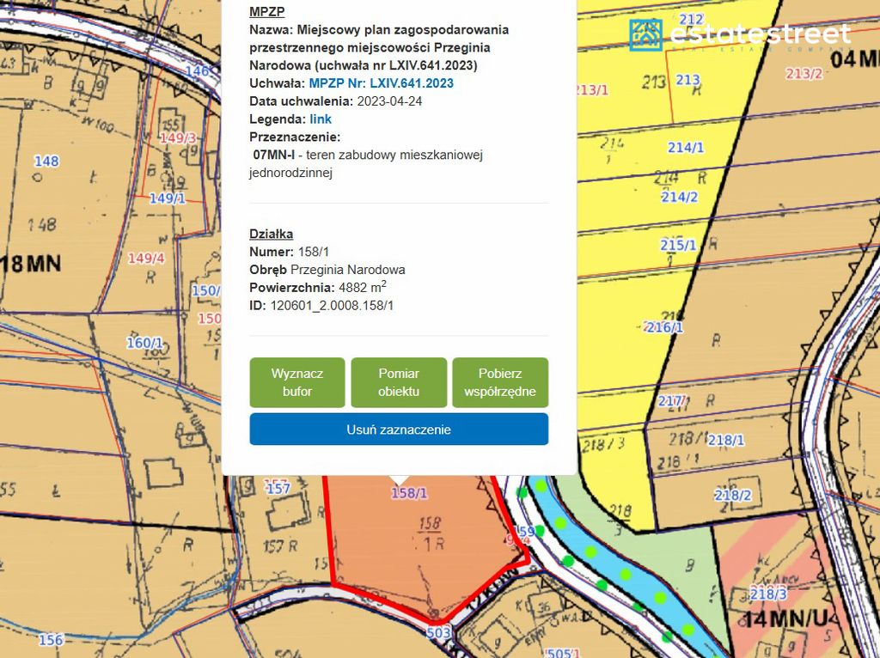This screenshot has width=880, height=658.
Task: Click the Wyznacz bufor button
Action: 296,382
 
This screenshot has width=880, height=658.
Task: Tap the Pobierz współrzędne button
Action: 499,382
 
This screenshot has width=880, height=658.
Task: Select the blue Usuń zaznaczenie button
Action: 399,430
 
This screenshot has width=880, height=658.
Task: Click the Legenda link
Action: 321,119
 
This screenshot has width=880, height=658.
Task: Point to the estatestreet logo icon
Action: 645,34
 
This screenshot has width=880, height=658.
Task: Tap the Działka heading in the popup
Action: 271,234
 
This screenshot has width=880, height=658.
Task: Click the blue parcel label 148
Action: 46,161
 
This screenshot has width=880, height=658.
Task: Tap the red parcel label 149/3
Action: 179,138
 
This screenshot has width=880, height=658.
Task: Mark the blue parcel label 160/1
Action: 144,343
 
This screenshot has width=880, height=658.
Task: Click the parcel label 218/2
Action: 732,495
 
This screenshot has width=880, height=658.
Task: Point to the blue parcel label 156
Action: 50,639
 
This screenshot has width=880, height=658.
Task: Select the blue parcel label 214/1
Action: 686,148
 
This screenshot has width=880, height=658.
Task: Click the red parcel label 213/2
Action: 803,74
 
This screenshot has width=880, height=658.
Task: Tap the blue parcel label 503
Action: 438,633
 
